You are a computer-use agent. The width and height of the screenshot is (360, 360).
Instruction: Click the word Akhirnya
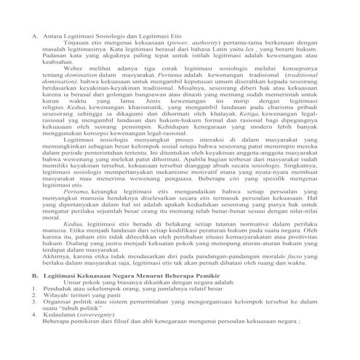point(57,255)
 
